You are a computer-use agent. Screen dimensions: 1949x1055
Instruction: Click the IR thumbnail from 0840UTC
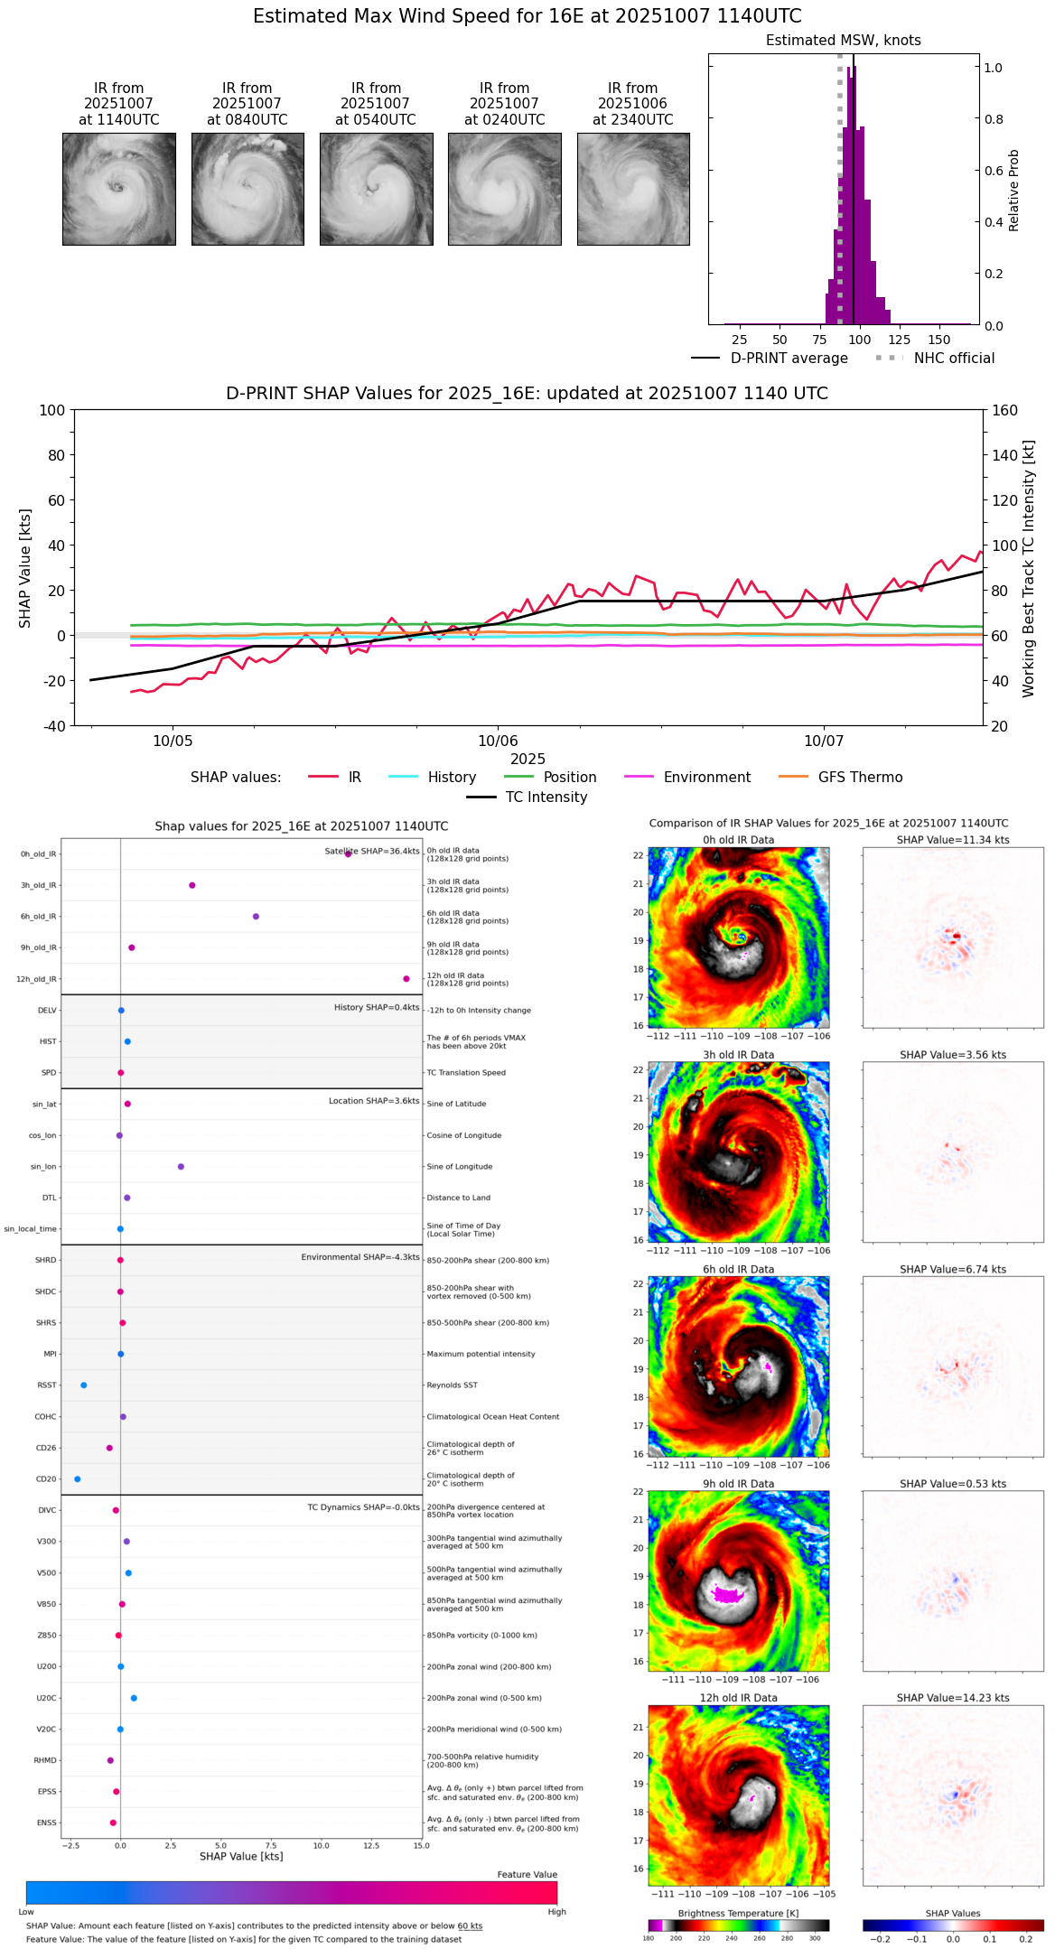click(247, 189)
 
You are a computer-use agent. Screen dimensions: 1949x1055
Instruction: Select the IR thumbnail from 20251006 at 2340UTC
click(633, 189)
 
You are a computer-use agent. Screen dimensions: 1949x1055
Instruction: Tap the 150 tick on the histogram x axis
click(939, 340)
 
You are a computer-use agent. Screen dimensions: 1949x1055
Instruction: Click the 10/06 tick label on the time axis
click(498, 741)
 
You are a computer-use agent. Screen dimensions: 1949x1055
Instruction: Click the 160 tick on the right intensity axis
click(1004, 410)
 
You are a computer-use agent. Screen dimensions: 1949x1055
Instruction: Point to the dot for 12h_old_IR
click(406, 979)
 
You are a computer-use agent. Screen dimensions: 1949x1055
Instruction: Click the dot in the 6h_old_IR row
click(256, 917)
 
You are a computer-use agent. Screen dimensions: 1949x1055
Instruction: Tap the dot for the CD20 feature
click(78, 1479)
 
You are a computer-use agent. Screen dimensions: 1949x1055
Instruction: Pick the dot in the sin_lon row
click(181, 1167)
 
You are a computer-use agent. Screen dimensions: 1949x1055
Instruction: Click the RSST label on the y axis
click(46, 1385)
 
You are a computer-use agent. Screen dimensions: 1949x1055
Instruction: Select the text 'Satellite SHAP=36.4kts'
click(372, 852)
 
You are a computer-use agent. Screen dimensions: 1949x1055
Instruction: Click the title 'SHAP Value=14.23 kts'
click(953, 1698)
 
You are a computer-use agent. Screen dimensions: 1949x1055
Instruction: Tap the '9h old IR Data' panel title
click(738, 1484)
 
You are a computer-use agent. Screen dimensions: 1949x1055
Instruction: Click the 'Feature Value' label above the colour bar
click(527, 1875)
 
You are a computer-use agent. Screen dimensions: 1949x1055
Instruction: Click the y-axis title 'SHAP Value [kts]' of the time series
click(25, 568)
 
